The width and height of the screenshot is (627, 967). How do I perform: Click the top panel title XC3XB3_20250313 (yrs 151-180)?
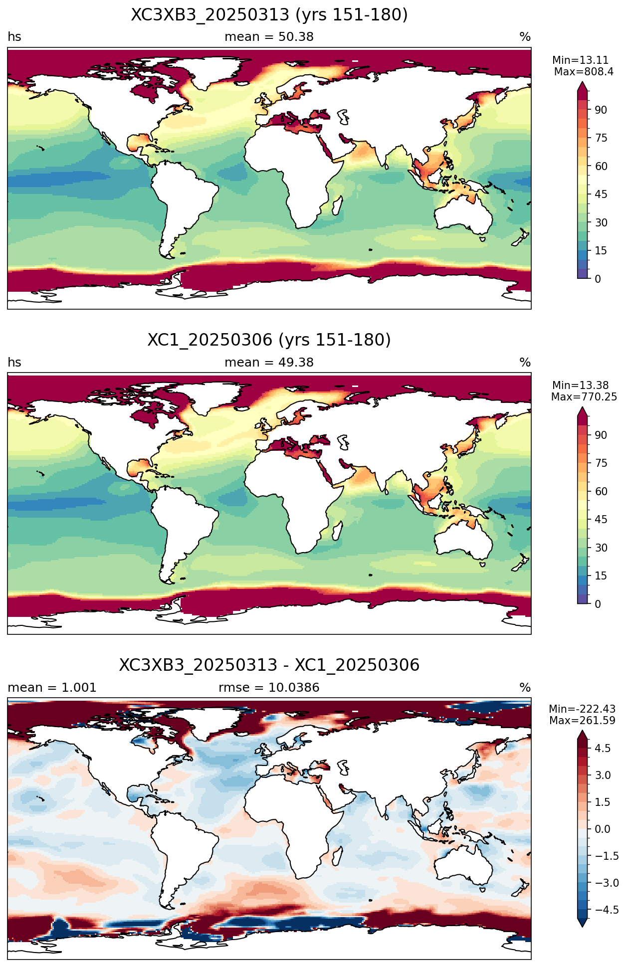(269, 15)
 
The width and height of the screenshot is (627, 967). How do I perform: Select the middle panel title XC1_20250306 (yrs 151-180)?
(269, 340)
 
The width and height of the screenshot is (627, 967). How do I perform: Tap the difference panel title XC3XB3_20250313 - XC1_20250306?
(269, 665)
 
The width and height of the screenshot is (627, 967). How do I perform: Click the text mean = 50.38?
(269, 37)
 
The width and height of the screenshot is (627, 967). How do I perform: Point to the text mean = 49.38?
(269, 363)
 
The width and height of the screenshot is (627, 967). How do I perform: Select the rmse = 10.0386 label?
(269, 688)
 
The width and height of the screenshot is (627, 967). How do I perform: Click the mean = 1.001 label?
(52, 688)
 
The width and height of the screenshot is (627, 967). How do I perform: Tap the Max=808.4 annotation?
(584, 72)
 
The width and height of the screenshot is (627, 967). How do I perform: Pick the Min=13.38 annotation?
(581, 386)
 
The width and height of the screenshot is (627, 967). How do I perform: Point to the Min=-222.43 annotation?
(583, 709)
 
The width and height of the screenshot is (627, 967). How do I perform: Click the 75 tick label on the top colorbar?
(601, 138)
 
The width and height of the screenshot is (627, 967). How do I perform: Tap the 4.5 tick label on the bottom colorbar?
(603, 748)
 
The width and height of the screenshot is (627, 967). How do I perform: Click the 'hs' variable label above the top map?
(14, 37)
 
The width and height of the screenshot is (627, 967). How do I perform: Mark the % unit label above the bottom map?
(525, 688)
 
